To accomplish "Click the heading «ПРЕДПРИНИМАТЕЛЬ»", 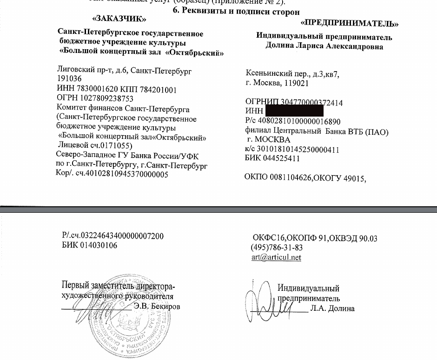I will [x=350, y=23].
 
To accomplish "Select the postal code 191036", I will [x=70, y=79].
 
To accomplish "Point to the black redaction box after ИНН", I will [x=294, y=111].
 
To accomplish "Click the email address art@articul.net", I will [x=276, y=257].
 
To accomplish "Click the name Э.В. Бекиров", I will [x=157, y=307].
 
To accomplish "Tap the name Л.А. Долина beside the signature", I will [x=333, y=308].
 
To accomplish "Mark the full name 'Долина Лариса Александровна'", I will [x=324, y=46].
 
